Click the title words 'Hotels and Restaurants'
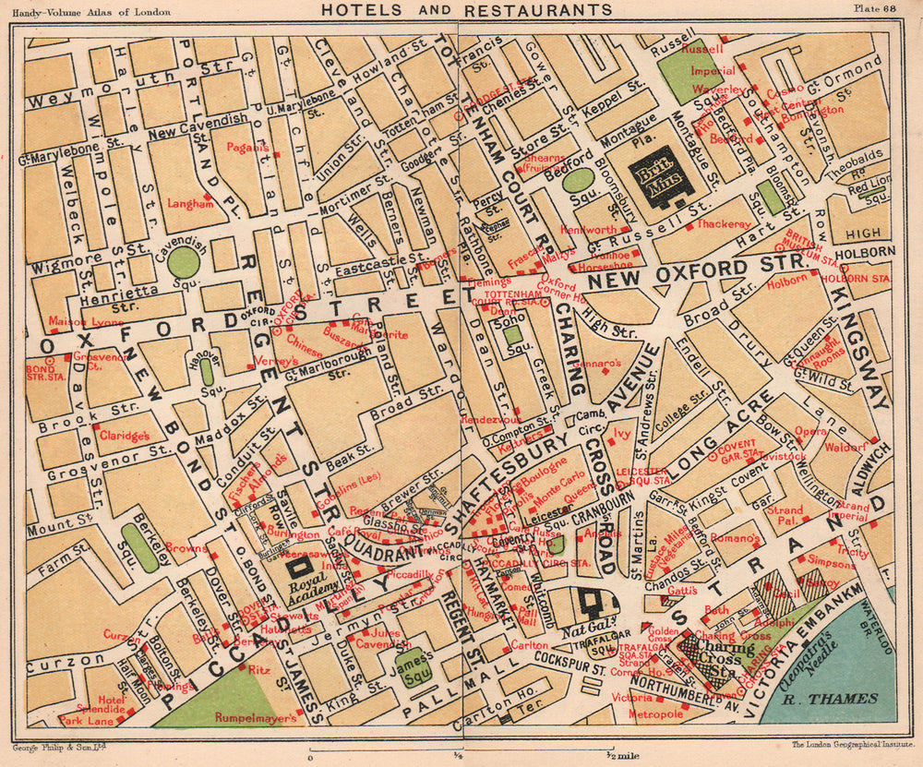pyautogui.click(x=465, y=10)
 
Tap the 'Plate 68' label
pyautogui.click(x=879, y=9)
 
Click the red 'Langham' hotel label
pyautogui.click(x=190, y=204)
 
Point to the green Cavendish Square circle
pyautogui.click(x=184, y=261)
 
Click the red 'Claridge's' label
pyautogui.click(x=126, y=436)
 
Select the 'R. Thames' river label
pyautogui.click(x=831, y=699)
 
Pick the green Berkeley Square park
pyautogui.click(x=140, y=548)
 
